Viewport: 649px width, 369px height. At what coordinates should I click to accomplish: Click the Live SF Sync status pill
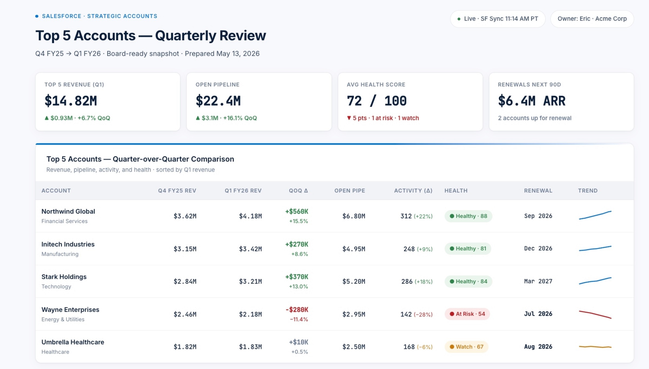pyautogui.click(x=498, y=19)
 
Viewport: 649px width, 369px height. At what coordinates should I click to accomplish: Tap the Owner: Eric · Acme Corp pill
pyautogui.click(x=592, y=19)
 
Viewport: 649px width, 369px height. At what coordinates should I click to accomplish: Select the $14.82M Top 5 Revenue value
pyautogui.click(x=71, y=101)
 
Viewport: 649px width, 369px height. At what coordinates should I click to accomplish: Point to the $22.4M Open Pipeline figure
pyautogui.click(x=218, y=101)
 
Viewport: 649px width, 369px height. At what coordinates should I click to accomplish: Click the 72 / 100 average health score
pyautogui.click(x=376, y=101)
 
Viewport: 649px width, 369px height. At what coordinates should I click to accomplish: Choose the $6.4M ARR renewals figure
pyautogui.click(x=532, y=101)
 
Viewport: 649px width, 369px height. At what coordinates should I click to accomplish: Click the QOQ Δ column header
pyautogui.click(x=298, y=191)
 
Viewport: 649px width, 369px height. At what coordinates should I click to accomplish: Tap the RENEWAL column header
pyautogui.click(x=538, y=191)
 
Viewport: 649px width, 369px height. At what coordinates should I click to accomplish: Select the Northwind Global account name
pyautogui.click(x=68, y=211)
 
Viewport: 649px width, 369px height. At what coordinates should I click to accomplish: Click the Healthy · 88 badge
pyautogui.click(x=468, y=216)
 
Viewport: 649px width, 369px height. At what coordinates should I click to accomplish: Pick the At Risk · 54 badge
pyautogui.click(x=467, y=314)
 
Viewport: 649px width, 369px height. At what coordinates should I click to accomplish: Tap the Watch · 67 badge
pyautogui.click(x=466, y=347)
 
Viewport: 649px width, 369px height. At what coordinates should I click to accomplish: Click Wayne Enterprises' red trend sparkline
pyautogui.click(x=595, y=314)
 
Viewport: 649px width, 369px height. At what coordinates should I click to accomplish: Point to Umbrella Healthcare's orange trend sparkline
pyautogui.click(x=595, y=347)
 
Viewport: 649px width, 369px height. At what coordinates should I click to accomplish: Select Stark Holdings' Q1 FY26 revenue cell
pyautogui.click(x=250, y=281)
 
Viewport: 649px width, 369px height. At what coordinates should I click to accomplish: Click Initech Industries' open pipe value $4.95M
pyautogui.click(x=354, y=249)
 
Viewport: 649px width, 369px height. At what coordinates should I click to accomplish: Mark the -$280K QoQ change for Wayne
pyautogui.click(x=297, y=310)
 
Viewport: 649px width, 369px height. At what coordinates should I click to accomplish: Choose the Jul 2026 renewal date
pyautogui.click(x=538, y=314)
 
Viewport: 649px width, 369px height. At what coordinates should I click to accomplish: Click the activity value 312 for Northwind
pyautogui.click(x=406, y=216)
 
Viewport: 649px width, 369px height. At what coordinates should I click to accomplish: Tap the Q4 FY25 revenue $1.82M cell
pyautogui.click(x=185, y=347)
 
